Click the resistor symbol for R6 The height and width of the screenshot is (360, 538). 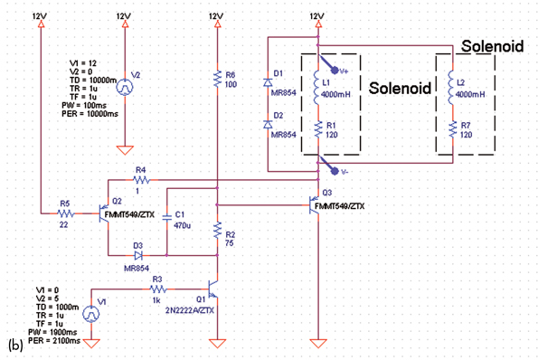coord(217,81)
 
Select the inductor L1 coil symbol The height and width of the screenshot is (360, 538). coord(317,87)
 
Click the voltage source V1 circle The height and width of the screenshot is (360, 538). coord(92,314)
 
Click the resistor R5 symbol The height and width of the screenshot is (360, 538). coord(64,213)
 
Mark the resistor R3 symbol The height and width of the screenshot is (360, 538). coord(156,289)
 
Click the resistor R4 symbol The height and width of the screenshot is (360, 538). coord(139,181)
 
